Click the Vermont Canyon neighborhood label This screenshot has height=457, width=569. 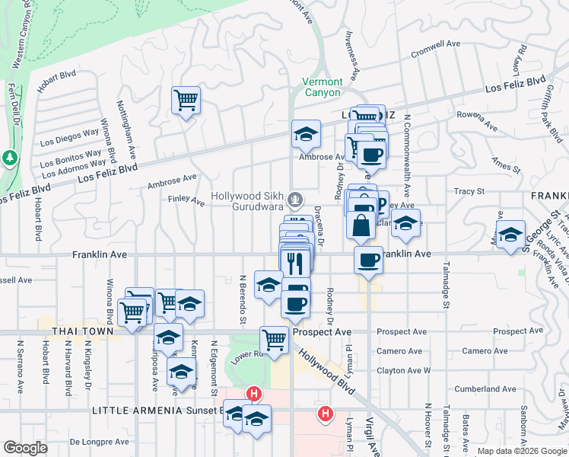tap(322, 87)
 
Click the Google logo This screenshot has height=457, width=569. tap(25, 448)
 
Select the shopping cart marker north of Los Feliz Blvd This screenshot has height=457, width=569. tap(186, 100)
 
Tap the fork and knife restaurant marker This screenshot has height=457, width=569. tap(295, 264)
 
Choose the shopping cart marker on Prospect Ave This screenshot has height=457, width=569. tap(274, 339)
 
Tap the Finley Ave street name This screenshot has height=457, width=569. tap(186, 202)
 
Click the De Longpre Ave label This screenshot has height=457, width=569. tap(97, 441)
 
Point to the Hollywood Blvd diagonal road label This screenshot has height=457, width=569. tap(328, 372)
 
